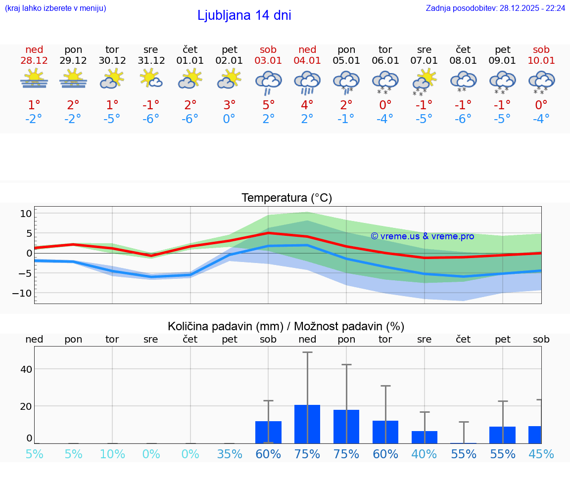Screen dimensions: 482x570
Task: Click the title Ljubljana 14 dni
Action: point(244,15)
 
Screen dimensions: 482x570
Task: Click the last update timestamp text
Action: point(495,8)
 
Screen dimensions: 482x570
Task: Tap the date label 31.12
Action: point(151,61)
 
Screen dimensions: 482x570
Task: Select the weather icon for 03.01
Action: point(268,82)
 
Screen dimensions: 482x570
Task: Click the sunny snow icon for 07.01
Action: point(424,82)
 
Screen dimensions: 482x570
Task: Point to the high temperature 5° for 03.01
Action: point(268,105)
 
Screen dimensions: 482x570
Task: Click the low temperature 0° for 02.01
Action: point(229,119)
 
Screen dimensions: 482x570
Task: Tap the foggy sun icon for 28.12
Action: point(34,79)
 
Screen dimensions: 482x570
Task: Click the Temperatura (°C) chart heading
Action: point(286,198)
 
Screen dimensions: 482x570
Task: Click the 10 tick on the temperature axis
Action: point(26,214)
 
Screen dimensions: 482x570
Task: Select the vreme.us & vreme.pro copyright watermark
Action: point(422,236)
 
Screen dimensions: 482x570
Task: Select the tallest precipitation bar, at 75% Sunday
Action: point(307,424)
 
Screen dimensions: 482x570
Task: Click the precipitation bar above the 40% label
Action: point(425,437)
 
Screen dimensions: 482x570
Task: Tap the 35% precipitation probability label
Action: point(230,454)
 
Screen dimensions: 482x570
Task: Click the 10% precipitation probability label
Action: point(112,454)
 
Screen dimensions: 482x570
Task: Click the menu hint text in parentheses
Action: point(55,8)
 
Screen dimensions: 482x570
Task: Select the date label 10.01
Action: point(541,61)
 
